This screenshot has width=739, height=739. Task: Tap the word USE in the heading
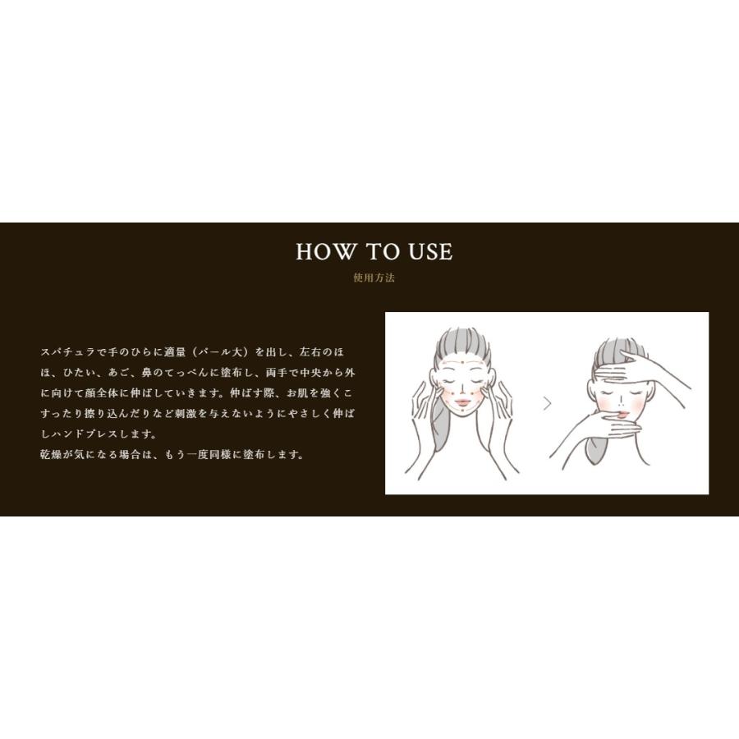pos(430,252)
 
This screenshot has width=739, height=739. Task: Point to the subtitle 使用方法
pos(374,278)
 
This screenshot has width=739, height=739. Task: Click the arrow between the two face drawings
pos(547,403)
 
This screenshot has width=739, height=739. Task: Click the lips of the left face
pos(462,402)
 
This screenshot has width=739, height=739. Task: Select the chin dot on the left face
pos(463,411)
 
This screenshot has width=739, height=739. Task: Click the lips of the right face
pos(623,414)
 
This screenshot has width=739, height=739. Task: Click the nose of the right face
pos(622,402)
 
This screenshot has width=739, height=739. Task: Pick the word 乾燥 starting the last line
pos(52,455)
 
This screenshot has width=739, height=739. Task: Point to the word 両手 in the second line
pos(277,372)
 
